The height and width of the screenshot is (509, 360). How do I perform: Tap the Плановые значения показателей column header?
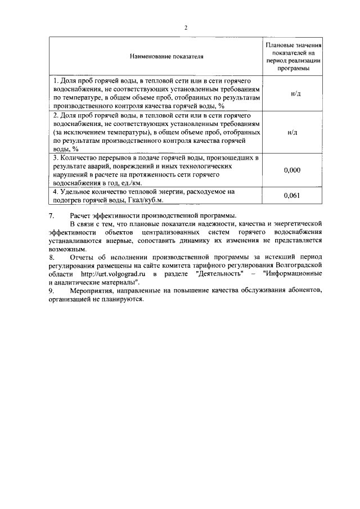tap(294, 56)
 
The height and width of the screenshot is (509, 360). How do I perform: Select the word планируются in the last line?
tap(125, 299)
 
